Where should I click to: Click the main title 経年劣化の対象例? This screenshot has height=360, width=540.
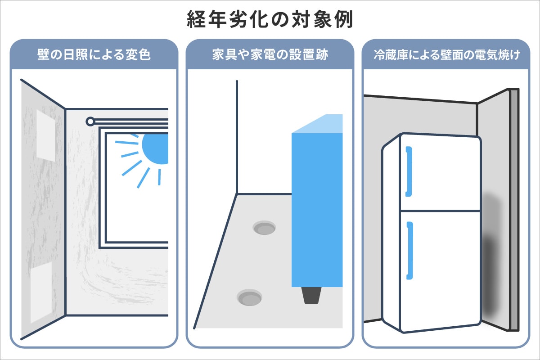click(270, 20)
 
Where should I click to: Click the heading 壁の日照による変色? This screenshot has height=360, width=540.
click(93, 55)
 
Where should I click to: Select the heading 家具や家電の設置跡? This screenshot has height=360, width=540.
click(270, 55)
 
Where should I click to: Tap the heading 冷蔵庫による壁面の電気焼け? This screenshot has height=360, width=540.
click(446, 55)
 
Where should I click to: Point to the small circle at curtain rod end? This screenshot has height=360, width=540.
click(90, 121)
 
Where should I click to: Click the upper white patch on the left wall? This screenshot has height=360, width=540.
click(45, 135)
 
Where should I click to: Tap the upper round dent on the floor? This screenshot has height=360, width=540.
click(264, 228)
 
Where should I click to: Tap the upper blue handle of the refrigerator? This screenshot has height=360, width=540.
click(409, 171)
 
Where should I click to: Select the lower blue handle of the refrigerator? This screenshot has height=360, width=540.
click(409, 250)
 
